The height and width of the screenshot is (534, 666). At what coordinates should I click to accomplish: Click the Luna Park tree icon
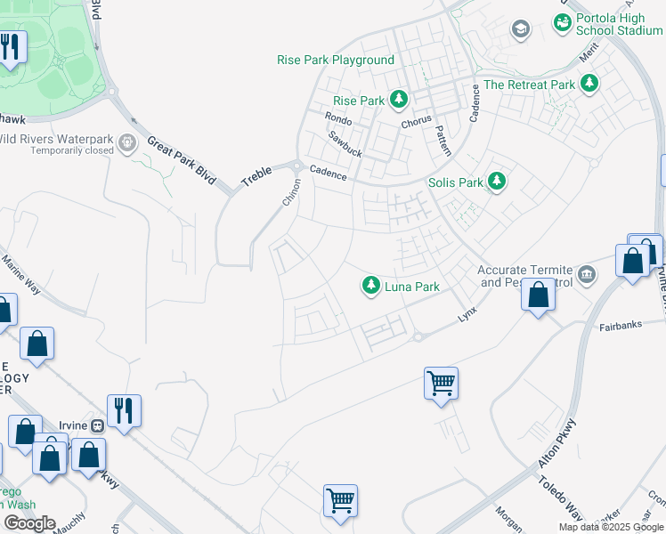point(370,286)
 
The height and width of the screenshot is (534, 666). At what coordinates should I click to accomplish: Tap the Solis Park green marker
point(497,182)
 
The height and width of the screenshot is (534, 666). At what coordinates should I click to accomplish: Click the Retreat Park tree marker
point(589,85)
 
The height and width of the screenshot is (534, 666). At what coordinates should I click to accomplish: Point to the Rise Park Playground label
point(335,60)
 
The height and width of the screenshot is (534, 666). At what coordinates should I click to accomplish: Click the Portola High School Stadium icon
point(562,22)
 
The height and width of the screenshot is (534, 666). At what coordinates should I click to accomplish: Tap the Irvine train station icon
point(97,425)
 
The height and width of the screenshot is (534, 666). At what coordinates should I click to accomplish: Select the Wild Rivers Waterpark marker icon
point(127,141)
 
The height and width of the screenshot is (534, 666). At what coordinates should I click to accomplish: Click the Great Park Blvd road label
point(182,159)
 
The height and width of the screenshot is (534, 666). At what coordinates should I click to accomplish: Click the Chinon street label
point(292,192)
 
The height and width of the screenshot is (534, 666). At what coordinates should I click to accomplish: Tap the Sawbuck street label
point(345,144)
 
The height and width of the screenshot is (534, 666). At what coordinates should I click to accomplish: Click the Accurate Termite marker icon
point(587,271)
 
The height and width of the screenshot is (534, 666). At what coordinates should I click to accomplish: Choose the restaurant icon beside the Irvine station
point(124,410)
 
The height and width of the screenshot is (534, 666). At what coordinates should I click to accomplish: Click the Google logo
point(29,523)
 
